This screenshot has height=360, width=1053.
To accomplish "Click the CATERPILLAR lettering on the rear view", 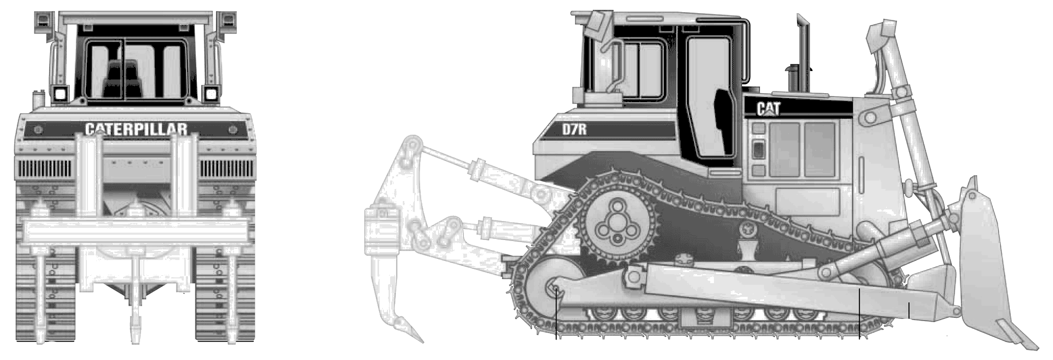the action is click(x=136, y=129).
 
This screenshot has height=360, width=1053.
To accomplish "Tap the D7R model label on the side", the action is click(x=574, y=128).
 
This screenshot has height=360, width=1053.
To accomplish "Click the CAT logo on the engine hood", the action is click(x=768, y=108).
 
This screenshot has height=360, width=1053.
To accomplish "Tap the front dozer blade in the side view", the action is click(x=990, y=263).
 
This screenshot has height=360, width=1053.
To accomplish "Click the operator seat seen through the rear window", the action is click(x=122, y=79).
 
